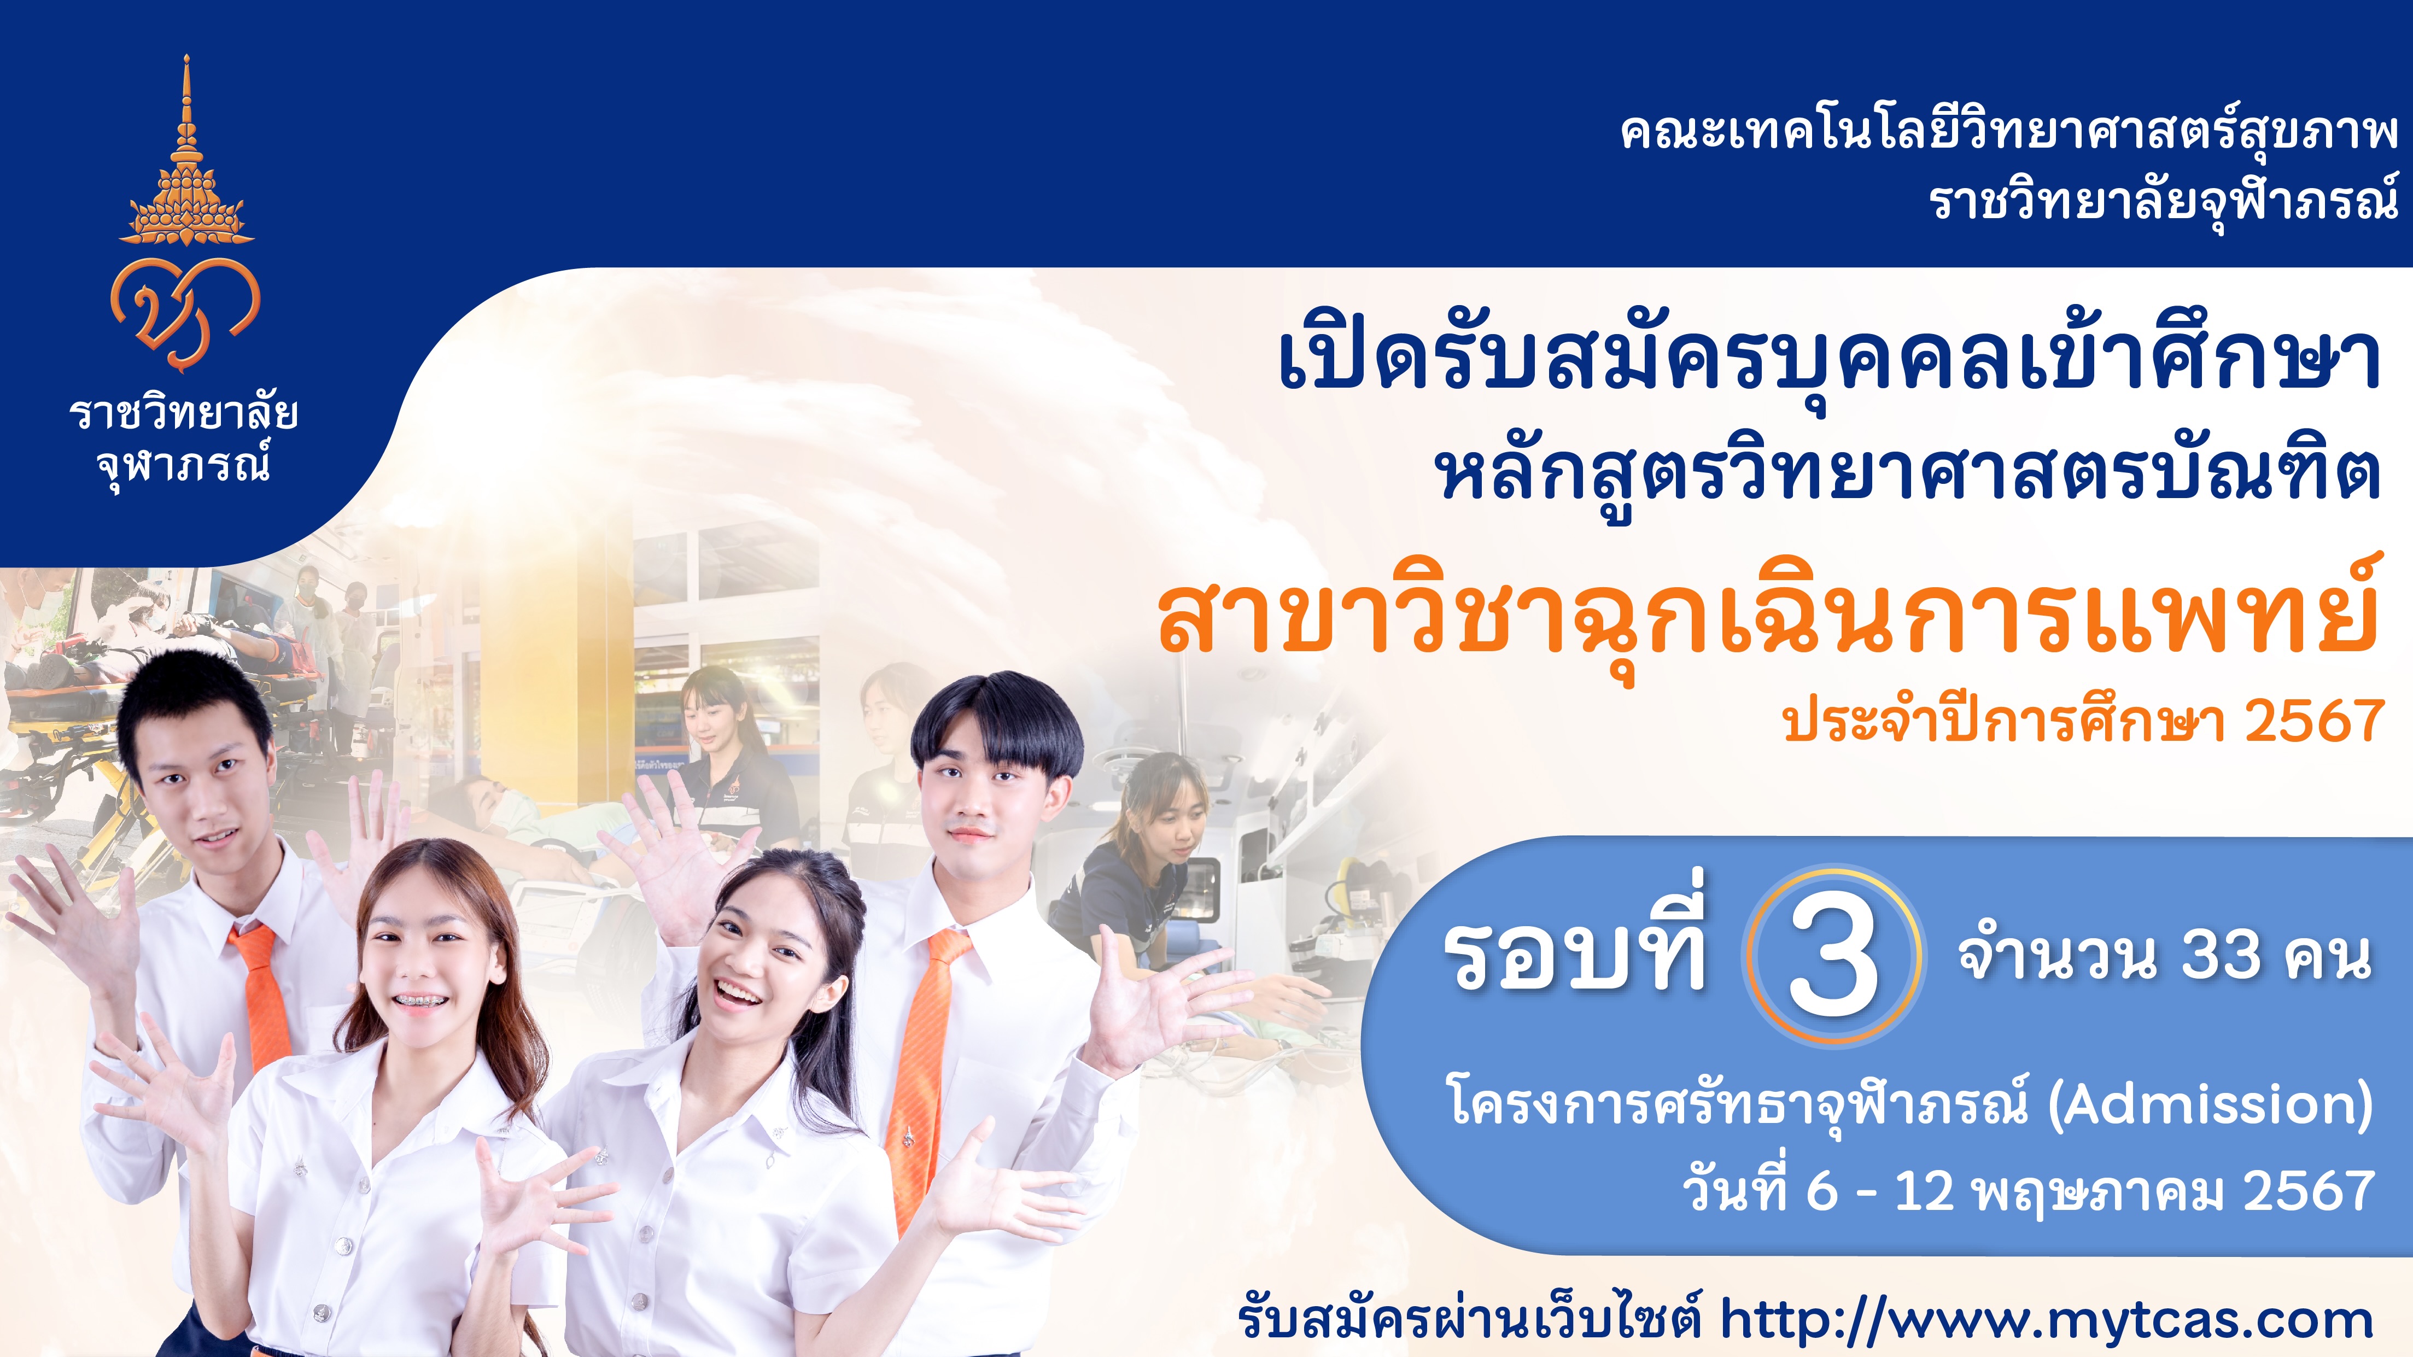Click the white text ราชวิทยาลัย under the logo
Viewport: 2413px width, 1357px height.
pyautogui.click(x=184, y=412)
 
